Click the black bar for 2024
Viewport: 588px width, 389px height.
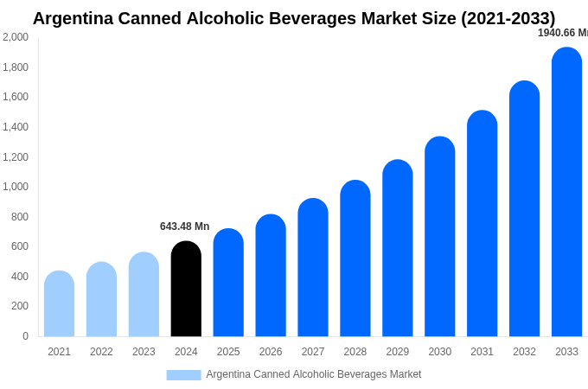coord(186,289)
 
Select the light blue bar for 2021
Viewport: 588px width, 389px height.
coord(59,303)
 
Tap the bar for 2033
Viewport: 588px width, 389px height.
coord(566,192)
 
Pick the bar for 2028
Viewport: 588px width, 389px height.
coord(355,258)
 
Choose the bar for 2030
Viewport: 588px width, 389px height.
coord(439,237)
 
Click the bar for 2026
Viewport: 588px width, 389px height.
coord(271,276)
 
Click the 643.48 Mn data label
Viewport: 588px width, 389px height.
coord(184,226)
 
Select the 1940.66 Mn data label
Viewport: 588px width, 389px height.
coord(562,33)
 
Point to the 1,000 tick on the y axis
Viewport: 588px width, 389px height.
coord(15,187)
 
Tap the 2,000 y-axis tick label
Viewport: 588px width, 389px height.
coord(15,37)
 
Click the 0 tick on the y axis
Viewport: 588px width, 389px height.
coord(25,336)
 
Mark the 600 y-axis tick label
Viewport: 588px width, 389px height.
coord(19,246)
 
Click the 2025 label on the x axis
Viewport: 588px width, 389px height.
coord(228,352)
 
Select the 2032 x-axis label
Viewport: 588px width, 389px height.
coord(524,352)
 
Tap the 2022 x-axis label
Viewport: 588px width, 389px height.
coord(101,352)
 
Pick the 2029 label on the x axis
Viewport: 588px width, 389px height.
coord(398,352)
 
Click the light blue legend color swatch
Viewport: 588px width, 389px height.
coord(183,375)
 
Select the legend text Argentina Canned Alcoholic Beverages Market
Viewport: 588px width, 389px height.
coord(314,374)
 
